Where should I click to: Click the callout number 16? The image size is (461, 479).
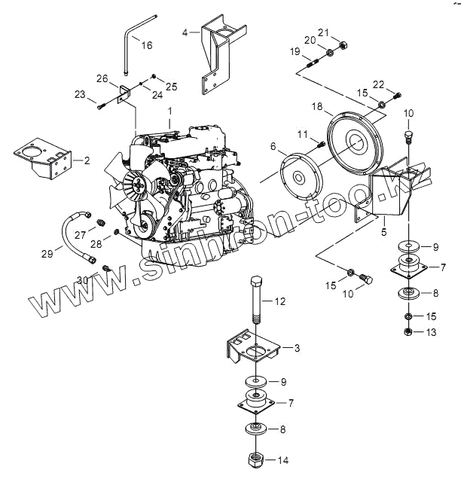coord(147,45)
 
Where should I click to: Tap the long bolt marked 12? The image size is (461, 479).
coord(255,301)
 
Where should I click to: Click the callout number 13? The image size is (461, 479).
coord(431,331)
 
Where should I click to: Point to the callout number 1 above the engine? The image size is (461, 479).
coord(170,111)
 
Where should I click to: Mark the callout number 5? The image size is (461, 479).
coord(383,221)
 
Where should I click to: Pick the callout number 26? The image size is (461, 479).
coord(103,78)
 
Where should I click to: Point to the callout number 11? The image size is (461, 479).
coord(302,134)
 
